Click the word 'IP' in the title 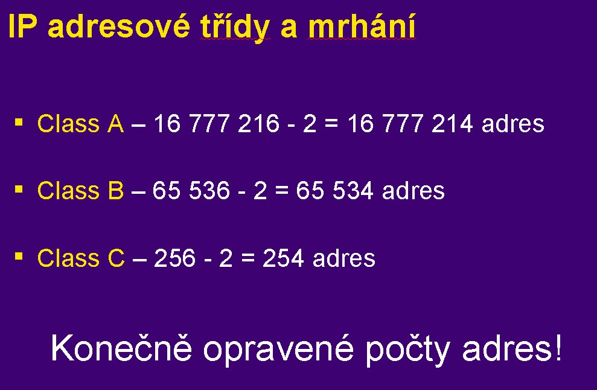coord(22,27)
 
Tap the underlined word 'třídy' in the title coord(235,28)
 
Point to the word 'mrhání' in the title coord(362,27)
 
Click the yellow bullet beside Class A coord(19,123)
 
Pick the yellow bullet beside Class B coord(19,190)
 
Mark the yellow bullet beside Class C coord(19,257)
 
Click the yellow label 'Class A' coord(81,123)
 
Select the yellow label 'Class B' coord(81,190)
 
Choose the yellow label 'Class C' coord(81,258)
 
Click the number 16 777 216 coord(217,123)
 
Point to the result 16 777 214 coord(410,123)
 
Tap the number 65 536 coord(191,190)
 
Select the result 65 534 coord(334,190)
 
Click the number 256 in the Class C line coord(175,258)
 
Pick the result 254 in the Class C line coord(283,258)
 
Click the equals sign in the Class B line coord(282,191)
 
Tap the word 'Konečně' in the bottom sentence coord(121,347)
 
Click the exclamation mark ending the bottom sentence coord(558,347)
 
